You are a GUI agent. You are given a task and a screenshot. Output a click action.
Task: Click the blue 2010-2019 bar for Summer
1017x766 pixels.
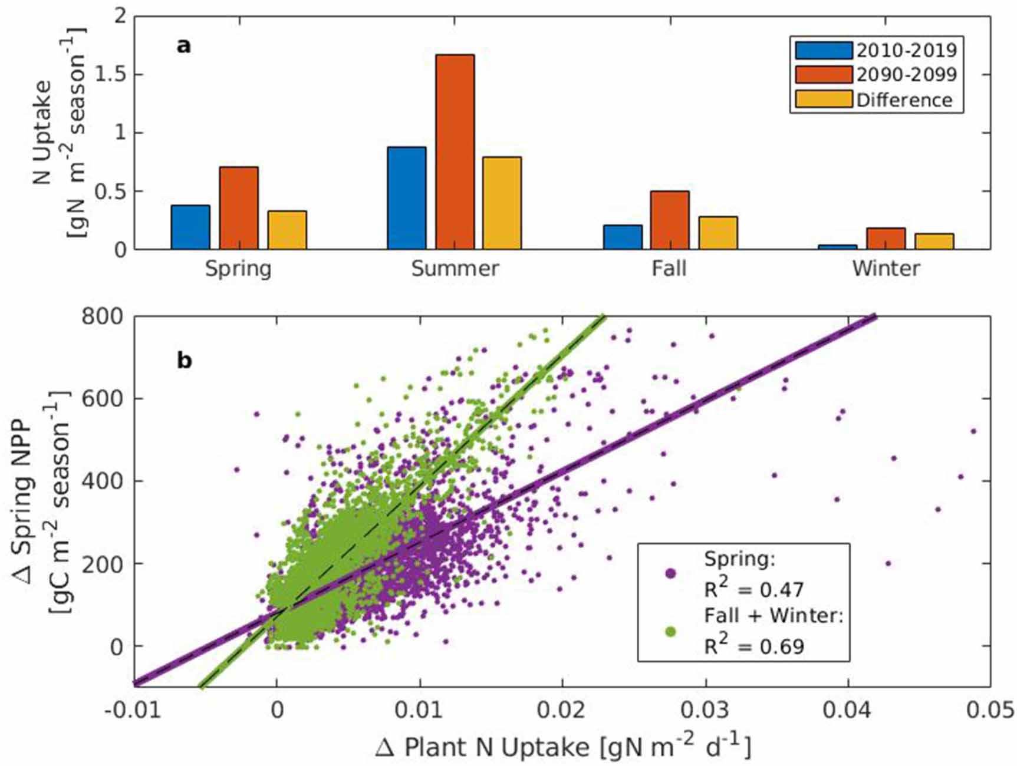407,198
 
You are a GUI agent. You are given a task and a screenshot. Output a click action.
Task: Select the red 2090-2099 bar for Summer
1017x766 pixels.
455,152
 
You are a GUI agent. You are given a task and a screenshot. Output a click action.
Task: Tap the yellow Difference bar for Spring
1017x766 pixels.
287,230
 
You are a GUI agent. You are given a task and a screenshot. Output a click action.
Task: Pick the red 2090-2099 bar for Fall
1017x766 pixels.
670,220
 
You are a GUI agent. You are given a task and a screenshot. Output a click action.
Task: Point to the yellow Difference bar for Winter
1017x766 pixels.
934,242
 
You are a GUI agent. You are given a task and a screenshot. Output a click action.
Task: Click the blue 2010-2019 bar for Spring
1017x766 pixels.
190,227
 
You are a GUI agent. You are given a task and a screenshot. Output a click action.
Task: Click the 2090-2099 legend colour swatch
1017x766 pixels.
823,75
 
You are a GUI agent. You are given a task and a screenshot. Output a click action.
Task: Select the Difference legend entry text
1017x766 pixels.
904,100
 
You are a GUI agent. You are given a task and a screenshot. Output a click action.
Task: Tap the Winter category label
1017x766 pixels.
886,269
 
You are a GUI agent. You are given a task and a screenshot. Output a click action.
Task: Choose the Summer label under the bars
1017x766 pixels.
455,269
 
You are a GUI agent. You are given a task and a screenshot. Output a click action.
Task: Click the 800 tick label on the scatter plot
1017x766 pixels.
103,317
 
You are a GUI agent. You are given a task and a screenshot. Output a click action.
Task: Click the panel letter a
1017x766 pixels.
183,46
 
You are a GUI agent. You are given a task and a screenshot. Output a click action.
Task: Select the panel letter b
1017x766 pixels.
184,360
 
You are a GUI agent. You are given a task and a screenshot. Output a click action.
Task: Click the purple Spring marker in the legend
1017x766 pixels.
670,573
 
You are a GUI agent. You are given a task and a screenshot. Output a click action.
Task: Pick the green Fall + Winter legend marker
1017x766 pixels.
670,631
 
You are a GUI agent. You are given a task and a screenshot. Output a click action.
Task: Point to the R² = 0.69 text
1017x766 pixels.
754,646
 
